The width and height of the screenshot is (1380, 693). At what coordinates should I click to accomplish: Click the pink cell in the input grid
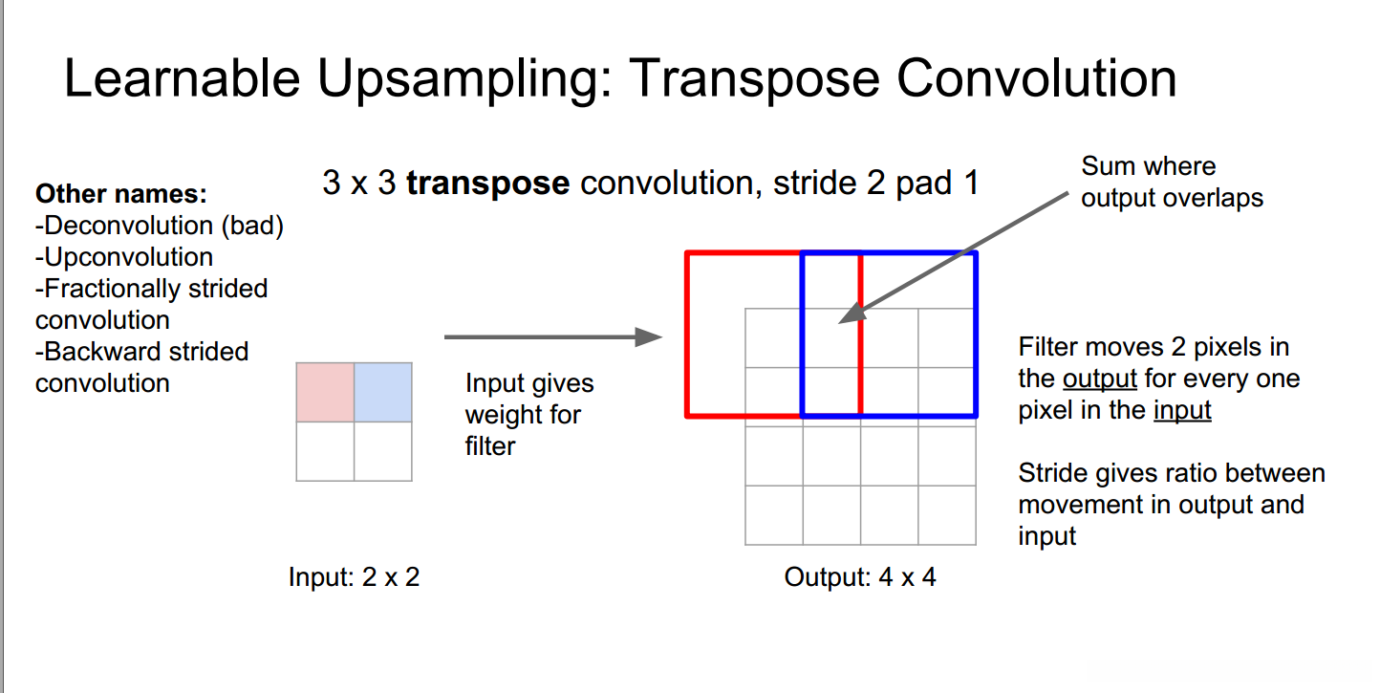325,393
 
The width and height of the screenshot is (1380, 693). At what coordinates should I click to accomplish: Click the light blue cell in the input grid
383,393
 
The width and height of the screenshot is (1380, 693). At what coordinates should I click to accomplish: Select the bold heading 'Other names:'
121,194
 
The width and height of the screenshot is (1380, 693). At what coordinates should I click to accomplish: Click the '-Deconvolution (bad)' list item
160,226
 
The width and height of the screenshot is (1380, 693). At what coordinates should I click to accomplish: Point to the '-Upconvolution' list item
124,257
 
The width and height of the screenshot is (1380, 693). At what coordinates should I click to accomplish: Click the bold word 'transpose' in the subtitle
488,184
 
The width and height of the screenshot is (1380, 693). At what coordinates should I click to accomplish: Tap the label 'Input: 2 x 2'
355,577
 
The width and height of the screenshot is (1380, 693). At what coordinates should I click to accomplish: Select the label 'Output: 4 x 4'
860,577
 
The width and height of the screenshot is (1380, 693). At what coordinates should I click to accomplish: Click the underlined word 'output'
1100,379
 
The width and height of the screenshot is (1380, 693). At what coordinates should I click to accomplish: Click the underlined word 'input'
1182,410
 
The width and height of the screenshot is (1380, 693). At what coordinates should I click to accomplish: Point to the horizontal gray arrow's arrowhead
648,337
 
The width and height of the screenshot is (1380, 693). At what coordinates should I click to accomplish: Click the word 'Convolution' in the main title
1036,78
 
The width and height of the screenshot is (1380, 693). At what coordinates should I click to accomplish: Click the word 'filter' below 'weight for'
489,446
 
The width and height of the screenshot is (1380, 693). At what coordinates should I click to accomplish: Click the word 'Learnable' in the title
183,78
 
